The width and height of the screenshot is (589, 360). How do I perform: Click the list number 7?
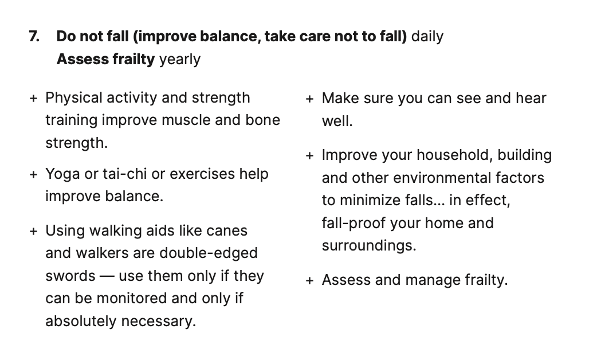pos(34,37)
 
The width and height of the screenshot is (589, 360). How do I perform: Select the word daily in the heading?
pos(427,37)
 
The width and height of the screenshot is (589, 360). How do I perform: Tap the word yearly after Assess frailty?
pos(180,60)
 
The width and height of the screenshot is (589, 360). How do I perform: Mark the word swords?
pos(70,276)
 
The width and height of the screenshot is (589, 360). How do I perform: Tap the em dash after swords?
pos(107,276)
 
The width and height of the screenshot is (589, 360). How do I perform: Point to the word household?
pos(454,155)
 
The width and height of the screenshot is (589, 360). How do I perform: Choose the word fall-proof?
pos(354,223)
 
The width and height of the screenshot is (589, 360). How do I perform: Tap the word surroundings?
pos(369,246)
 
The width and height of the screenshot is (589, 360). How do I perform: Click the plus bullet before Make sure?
pos(309,99)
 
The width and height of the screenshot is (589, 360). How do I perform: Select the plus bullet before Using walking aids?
pos(33,231)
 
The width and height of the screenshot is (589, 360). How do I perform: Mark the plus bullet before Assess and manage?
pos(309,280)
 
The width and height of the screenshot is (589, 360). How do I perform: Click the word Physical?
pos(74,98)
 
